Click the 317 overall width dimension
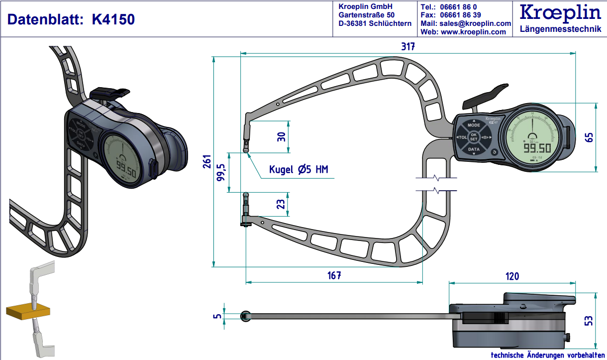(408, 47)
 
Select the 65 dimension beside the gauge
(590, 137)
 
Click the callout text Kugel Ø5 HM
(299, 169)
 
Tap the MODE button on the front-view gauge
(474, 125)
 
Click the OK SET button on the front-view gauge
(474, 137)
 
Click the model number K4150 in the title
(113, 19)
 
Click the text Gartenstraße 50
(366, 15)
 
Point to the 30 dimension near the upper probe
(282, 137)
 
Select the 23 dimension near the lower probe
(281, 204)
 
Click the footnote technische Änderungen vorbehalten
(547, 355)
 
